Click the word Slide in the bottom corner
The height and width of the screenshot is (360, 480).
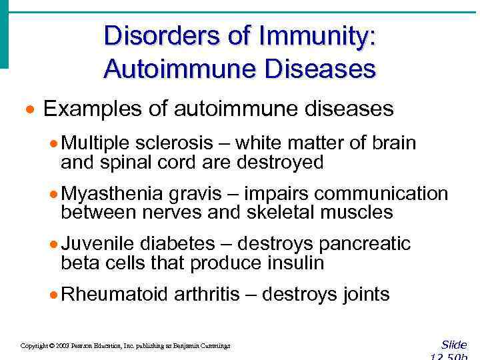(454, 344)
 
